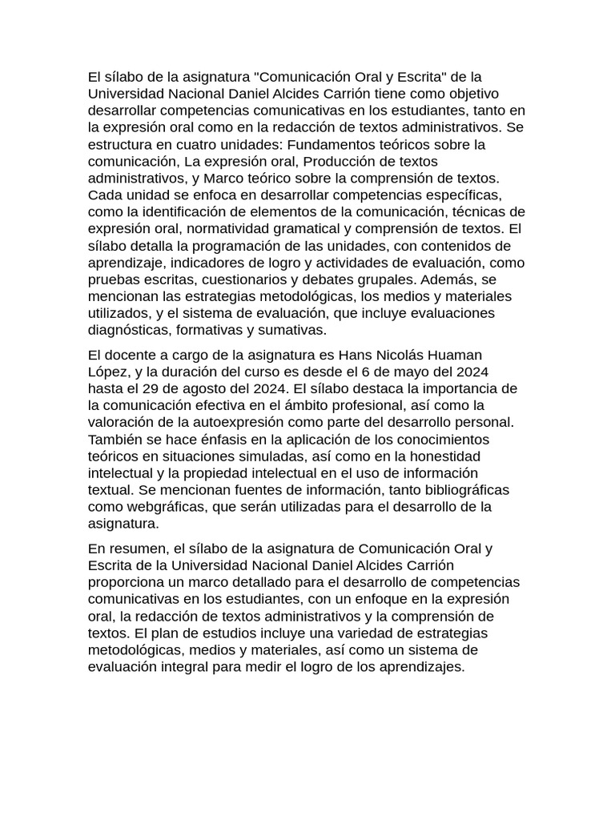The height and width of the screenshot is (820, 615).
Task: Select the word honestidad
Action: [444, 456]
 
